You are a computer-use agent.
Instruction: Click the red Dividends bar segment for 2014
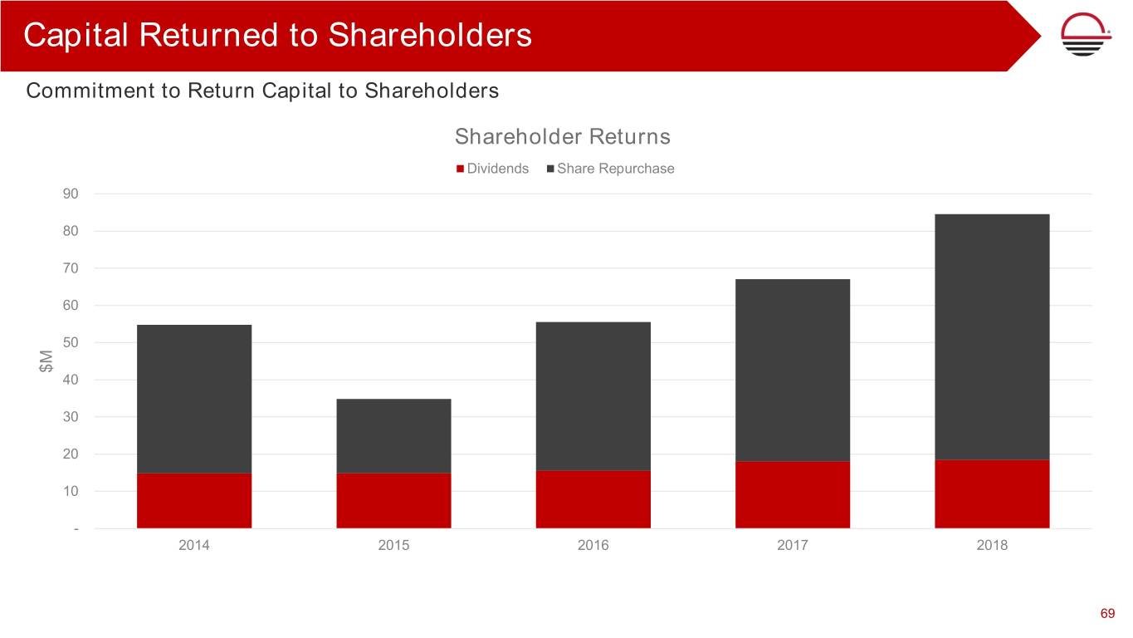[x=194, y=500]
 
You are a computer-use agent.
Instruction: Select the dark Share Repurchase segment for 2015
[x=393, y=435]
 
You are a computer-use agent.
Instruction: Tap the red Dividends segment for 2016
[x=593, y=499]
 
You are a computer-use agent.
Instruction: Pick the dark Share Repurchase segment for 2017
[x=793, y=370]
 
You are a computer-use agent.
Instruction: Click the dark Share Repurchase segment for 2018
[x=992, y=336]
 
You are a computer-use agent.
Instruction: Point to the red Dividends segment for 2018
[x=992, y=493]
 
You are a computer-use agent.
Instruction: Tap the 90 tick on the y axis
[x=70, y=194]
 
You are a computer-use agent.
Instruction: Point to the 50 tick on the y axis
[x=70, y=342]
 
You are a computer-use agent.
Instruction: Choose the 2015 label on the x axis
[x=393, y=546]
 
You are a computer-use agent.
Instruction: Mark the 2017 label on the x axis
[x=793, y=546]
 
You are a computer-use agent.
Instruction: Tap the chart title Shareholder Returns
[x=562, y=136]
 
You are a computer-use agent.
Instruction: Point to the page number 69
[x=1107, y=614]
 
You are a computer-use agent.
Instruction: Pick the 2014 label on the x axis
[x=194, y=546]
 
